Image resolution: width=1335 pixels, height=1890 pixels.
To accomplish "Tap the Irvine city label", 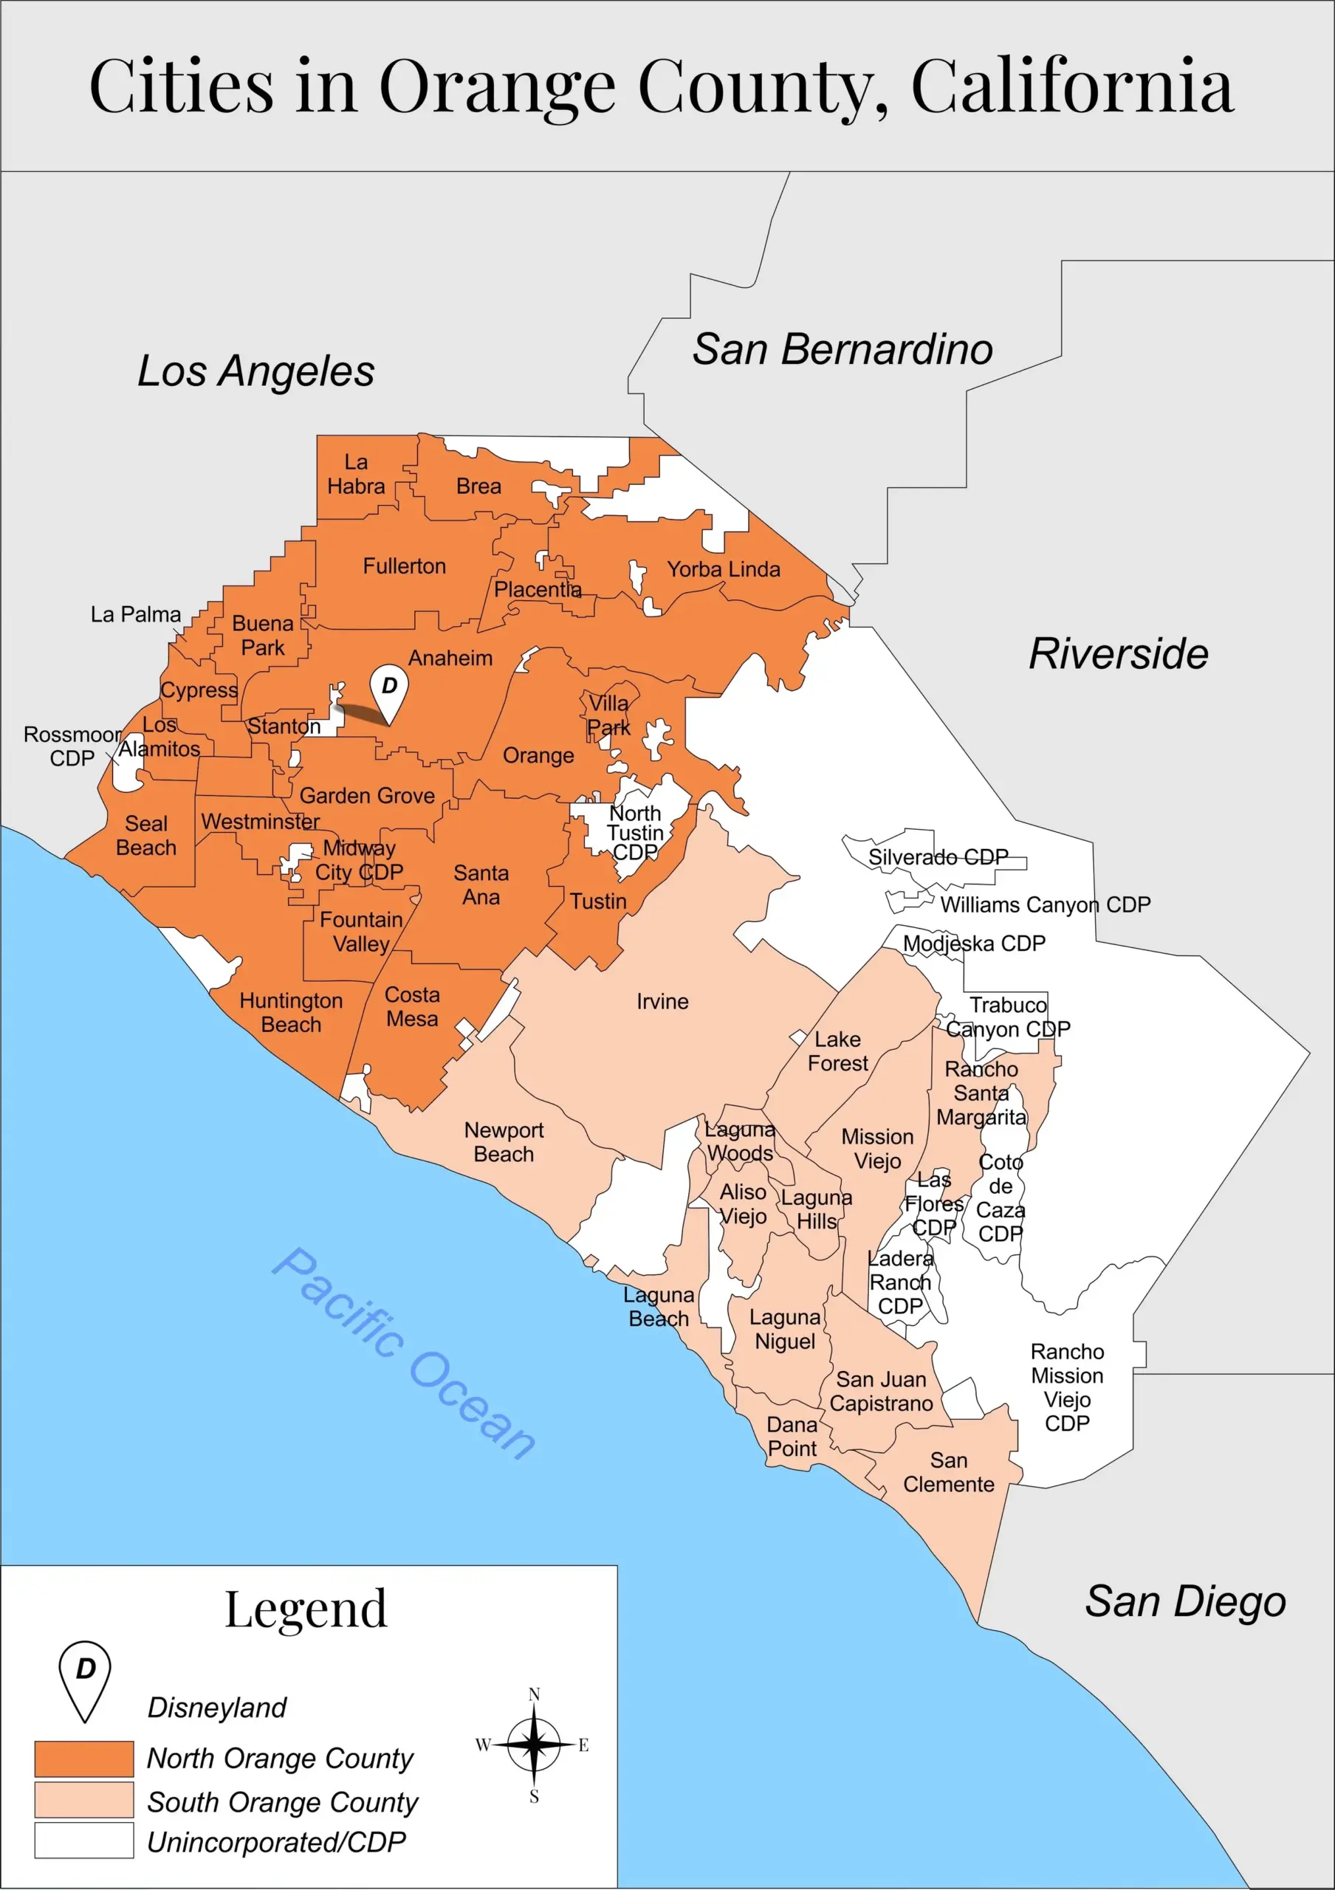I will [x=662, y=1002].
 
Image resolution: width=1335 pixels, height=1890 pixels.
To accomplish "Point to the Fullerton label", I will [x=404, y=566].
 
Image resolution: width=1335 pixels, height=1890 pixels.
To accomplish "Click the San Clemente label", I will [x=948, y=1472].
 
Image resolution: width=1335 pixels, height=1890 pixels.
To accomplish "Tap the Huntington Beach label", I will [x=292, y=1012].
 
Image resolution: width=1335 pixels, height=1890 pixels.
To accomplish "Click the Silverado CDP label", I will [x=938, y=857].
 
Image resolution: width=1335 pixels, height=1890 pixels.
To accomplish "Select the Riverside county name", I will [x=1119, y=654].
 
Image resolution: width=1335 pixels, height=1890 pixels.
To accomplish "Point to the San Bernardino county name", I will [x=842, y=349].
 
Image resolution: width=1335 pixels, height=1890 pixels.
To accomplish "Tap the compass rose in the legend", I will [x=533, y=1745].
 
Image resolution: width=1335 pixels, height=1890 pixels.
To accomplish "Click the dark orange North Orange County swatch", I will [x=84, y=1759].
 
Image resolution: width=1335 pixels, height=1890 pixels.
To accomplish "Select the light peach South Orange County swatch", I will [x=84, y=1800].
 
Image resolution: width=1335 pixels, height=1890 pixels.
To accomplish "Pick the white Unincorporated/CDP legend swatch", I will [x=84, y=1840].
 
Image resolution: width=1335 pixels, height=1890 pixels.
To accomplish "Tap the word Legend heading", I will [x=306, y=1609].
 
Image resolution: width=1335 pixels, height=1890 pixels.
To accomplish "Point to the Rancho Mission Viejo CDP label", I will [x=1067, y=1387].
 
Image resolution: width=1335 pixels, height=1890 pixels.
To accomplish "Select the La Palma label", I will [x=136, y=614].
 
